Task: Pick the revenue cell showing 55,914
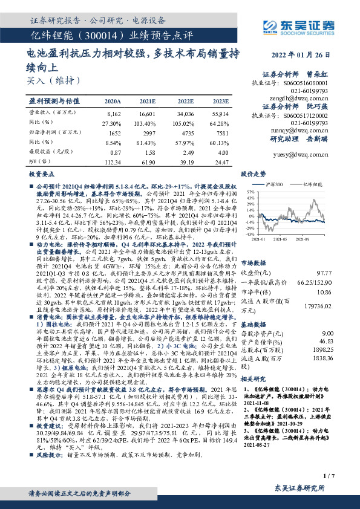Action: pyautogui.click(x=220, y=114)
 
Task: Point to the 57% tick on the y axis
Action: pyautogui.click(x=250, y=192)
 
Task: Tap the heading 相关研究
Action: pyautogui.click(x=254, y=379)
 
